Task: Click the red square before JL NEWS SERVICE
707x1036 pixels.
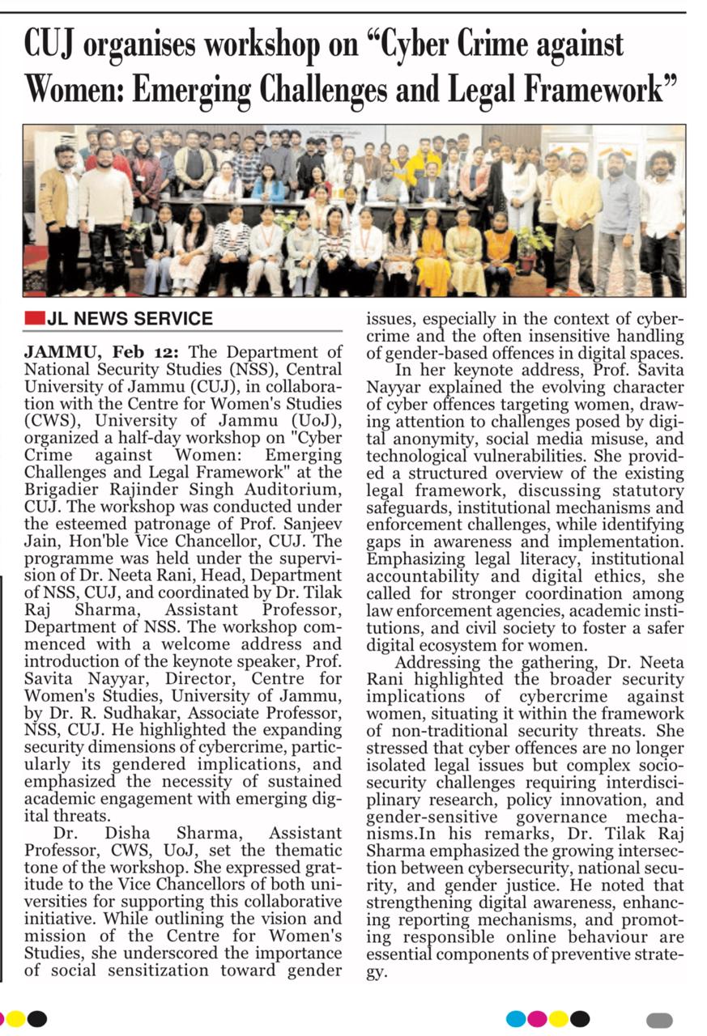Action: coord(33,319)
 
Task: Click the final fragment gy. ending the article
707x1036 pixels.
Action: coord(376,971)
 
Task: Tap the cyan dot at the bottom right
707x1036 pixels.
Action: coord(516,1018)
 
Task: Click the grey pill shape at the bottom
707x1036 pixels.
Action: coord(660,1020)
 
